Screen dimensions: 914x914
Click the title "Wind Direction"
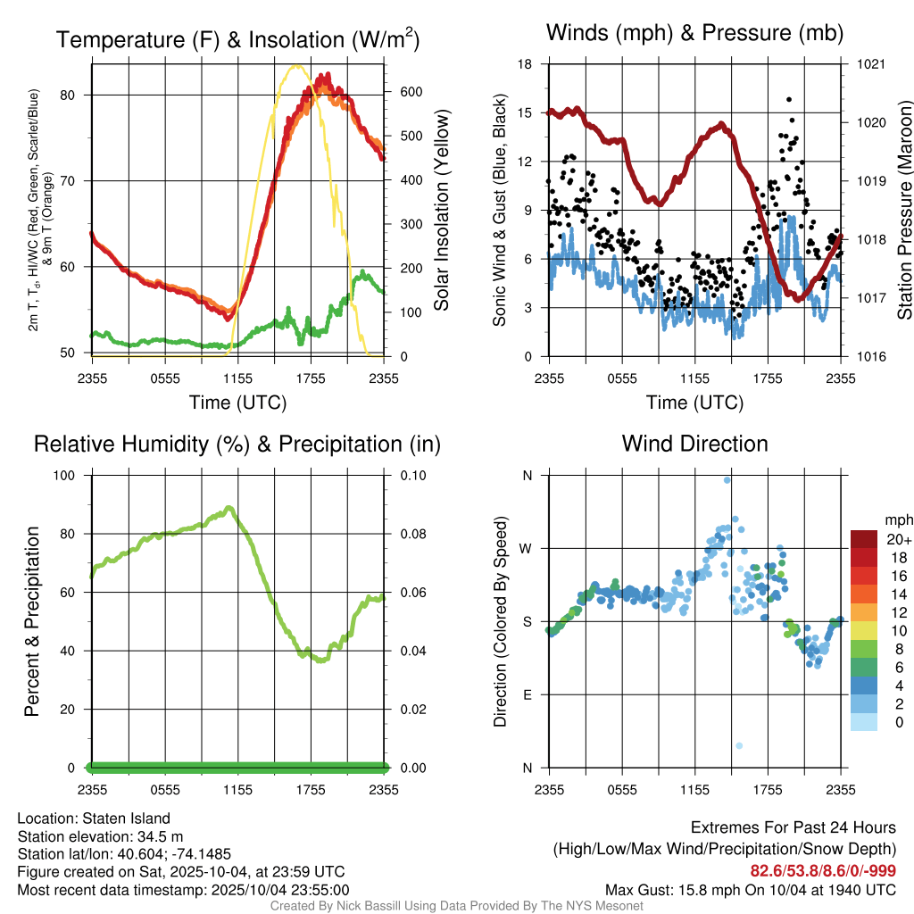click(x=694, y=444)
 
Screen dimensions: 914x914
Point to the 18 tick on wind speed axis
click(x=526, y=64)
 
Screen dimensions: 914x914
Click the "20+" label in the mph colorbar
click(x=898, y=539)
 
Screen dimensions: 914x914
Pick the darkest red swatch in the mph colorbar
click(x=863, y=539)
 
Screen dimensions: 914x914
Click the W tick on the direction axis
click(x=527, y=548)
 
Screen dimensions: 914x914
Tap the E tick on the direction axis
click(x=527, y=694)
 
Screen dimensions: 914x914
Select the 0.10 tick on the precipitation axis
click(x=411, y=475)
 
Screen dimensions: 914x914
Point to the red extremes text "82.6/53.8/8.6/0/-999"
click(x=823, y=871)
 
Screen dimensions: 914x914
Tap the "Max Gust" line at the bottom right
click(x=750, y=889)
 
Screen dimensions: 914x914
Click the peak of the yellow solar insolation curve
click(x=295, y=65)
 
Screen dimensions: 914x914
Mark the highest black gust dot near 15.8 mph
click(x=789, y=100)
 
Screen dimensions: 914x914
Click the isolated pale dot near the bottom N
click(x=739, y=745)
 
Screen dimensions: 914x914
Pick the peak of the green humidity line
click(x=229, y=508)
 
